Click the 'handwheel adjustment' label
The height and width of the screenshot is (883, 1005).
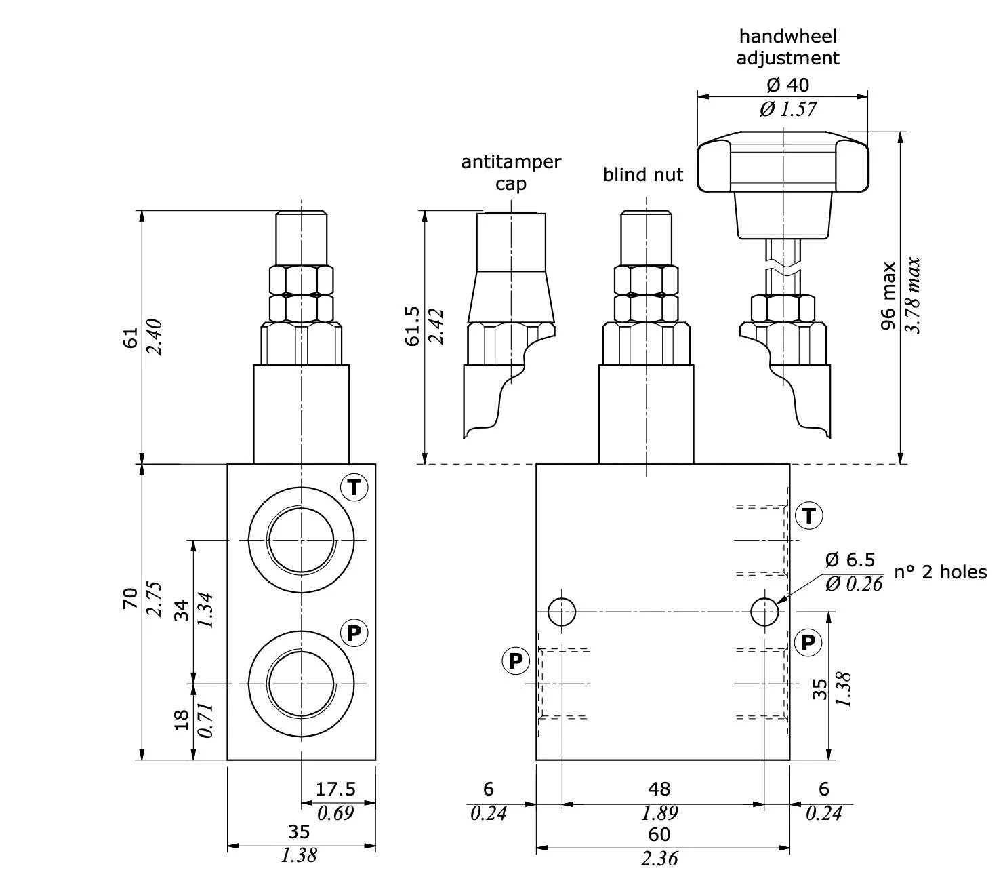point(787,47)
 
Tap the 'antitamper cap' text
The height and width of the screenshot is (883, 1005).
point(511,172)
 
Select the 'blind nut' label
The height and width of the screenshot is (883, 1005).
point(643,175)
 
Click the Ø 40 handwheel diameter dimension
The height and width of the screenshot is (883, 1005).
point(787,85)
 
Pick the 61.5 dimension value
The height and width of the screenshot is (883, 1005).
point(413,326)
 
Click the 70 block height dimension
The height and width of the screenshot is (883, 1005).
point(130,598)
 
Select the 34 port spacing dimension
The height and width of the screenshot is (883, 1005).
point(181,609)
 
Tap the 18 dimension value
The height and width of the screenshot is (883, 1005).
point(181,720)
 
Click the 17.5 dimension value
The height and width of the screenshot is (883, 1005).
point(335,789)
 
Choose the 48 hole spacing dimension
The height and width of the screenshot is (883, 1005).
point(659,789)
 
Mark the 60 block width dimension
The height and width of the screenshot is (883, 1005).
point(659,833)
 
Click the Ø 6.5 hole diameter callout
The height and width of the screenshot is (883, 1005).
point(850,560)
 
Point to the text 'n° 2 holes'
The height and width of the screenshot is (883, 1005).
point(940,572)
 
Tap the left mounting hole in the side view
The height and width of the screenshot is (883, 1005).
point(561,612)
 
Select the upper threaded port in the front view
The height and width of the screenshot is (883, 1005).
point(301,539)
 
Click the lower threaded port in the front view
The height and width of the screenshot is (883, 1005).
point(301,684)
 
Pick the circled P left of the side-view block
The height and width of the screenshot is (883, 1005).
point(516,661)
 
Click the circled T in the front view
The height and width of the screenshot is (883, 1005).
point(354,488)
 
